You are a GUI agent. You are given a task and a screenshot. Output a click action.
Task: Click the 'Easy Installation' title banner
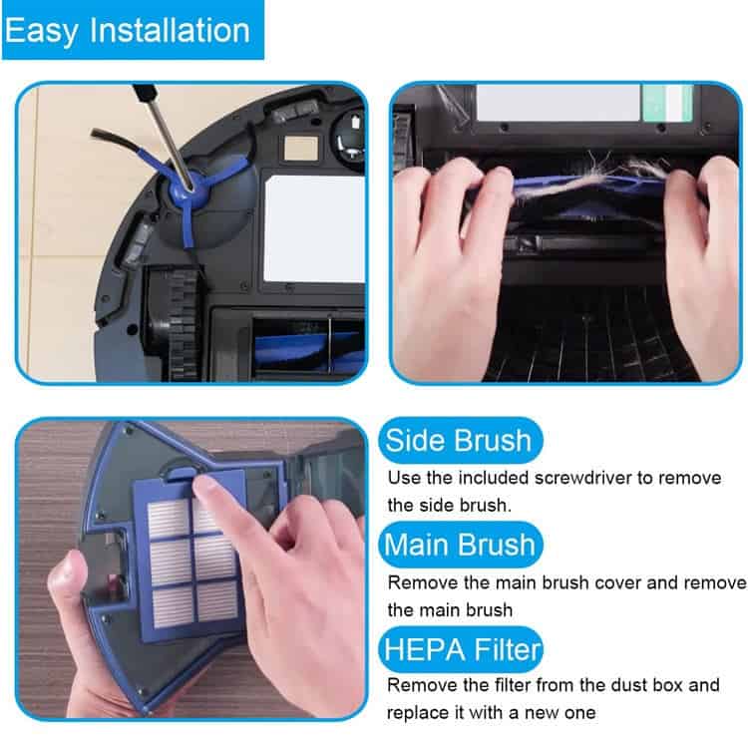click(133, 30)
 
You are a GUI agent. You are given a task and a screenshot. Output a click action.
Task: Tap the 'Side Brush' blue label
click(460, 440)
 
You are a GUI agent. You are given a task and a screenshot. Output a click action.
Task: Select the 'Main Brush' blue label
click(461, 545)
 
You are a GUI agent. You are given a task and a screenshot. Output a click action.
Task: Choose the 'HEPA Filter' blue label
click(462, 649)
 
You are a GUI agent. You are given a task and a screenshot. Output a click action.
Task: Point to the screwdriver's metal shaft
click(168, 143)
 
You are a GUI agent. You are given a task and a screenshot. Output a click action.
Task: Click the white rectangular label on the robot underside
click(313, 229)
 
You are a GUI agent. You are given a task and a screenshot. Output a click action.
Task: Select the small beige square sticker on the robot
click(300, 148)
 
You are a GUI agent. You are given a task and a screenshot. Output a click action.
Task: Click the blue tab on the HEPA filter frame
click(183, 473)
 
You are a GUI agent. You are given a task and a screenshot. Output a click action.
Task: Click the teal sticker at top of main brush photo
click(667, 102)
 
